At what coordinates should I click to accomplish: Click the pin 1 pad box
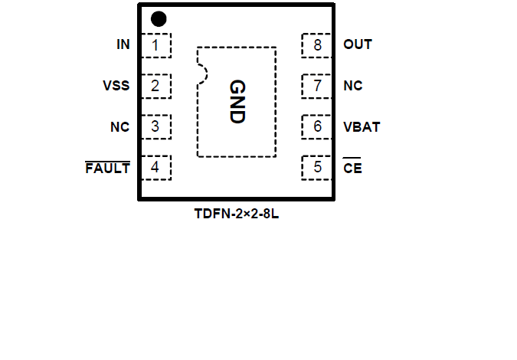(156, 45)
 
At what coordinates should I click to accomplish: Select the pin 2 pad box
(156, 86)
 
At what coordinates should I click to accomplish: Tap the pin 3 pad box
(156, 126)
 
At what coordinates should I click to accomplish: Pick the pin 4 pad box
(156, 167)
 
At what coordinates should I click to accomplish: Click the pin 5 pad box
(316, 167)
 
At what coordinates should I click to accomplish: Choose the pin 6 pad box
(316, 126)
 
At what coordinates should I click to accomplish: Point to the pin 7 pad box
(316, 86)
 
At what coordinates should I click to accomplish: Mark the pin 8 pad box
(316, 45)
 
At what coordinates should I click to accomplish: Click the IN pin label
(123, 45)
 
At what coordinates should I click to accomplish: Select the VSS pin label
(116, 86)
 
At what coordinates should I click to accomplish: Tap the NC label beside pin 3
(119, 127)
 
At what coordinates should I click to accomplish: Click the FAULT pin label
(107, 168)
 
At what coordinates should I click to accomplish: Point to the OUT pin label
(358, 45)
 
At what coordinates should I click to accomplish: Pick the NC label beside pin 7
(352, 86)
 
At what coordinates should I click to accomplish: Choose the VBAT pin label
(362, 127)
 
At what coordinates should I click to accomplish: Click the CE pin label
(352, 168)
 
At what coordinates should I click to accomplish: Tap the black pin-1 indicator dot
(159, 19)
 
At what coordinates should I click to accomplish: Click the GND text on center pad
(236, 102)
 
